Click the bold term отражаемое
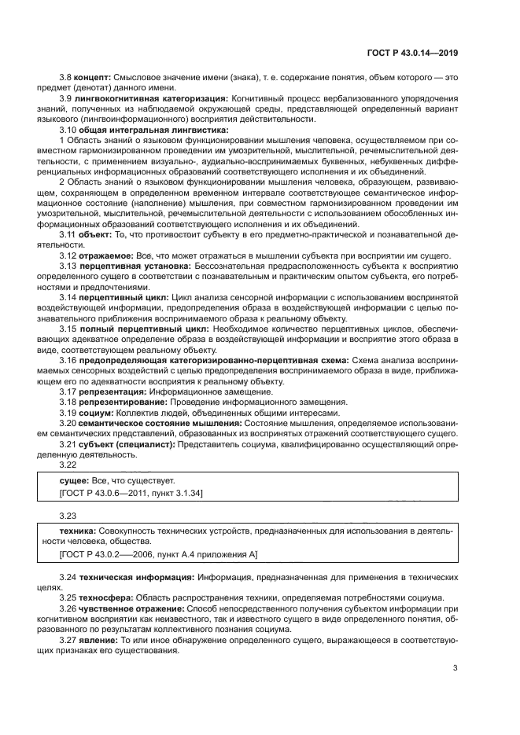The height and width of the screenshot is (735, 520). point(105,255)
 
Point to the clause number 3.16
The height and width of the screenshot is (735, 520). point(68,358)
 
